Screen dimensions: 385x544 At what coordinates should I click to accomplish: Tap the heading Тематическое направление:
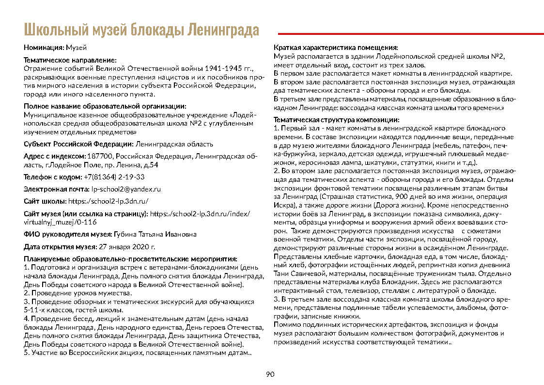click(x=70, y=61)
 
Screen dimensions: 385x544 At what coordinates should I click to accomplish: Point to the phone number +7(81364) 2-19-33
click(x=114, y=177)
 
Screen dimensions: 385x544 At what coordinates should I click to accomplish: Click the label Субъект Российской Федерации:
click(x=78, y=144)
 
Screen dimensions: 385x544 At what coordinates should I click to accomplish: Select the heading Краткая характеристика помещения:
click(x=336, y=48)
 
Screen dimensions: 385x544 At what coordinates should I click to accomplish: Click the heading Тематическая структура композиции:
click(x=337, y=120)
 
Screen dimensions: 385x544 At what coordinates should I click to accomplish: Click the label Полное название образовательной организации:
click(x=105, y=107)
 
